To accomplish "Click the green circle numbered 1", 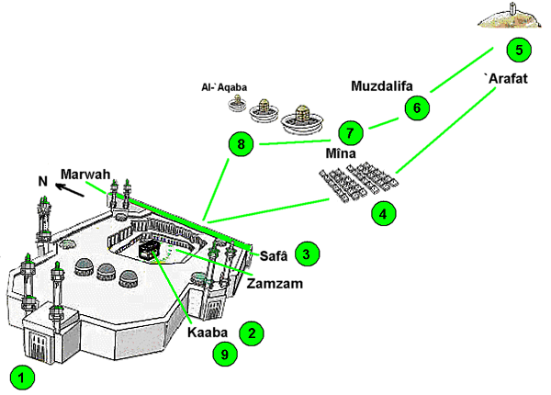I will (x=23, y=376).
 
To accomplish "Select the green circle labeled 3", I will (x=308, y=253).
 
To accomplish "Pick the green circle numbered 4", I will (x=384, y=215).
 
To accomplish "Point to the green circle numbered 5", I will (x=519, y=50).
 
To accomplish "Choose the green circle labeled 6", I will (x=416, y=107).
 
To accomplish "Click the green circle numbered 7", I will (x=349, y=132).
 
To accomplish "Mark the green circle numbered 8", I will (x=242, y=144).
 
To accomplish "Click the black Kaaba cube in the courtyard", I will (x=148, y=250).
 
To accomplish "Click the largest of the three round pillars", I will (x=301, y=121).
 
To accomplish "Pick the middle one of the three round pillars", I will (x=265, y=110).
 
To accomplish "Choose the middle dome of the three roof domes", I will (x=107, y=272).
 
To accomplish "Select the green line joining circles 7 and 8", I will (x=294, y=142).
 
